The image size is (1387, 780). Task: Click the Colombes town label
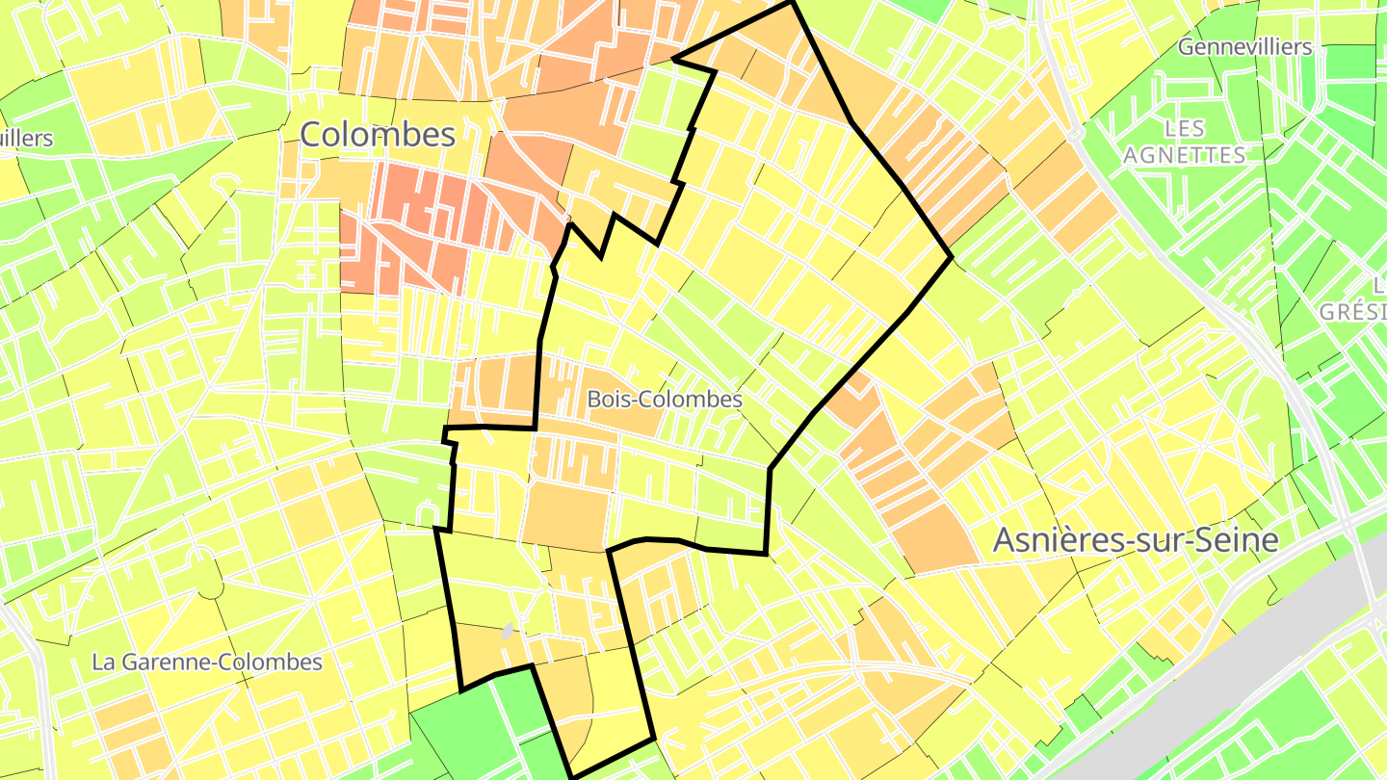pos(377,134)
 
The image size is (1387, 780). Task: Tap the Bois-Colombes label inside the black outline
pos(665,399)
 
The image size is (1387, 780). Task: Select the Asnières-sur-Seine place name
pos(1136,540)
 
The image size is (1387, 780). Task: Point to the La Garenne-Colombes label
pos(207,663)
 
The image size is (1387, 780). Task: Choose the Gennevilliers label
pos(1244,46)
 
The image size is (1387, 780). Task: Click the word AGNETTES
pos(1185,155)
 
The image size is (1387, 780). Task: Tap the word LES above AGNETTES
pos(1185,128)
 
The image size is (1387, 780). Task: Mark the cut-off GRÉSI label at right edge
pos(1352,311)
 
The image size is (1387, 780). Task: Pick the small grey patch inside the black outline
pos(507,632)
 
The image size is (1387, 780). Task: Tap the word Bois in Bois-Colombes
pos(610,399)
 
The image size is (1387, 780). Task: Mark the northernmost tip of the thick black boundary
pos(792,3)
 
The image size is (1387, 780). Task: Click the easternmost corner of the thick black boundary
pos(952,256)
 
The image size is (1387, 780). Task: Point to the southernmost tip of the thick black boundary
pos(574,775)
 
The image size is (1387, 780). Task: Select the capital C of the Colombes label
pos(311,134)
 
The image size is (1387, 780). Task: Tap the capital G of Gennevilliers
pos(1186,46)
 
